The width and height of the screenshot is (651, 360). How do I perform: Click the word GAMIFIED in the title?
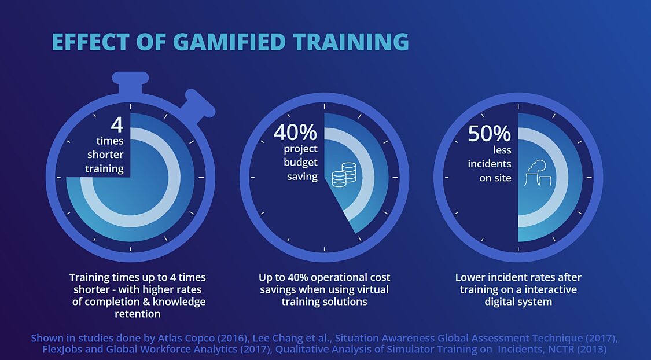(230, 42)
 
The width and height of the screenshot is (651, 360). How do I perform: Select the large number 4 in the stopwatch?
(117, 124)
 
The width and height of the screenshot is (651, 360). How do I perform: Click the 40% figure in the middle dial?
(295, 133)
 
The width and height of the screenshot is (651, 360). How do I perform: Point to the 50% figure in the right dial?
(490, 133)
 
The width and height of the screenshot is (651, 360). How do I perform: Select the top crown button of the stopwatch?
(130, 83)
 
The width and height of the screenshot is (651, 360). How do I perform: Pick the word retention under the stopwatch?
(137, 314)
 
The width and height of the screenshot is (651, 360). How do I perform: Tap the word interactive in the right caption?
(548, 289)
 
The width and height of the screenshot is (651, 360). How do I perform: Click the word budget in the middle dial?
(300, 163)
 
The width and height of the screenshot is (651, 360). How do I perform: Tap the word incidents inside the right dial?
(490, 164)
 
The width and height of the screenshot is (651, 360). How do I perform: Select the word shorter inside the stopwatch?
(105, 155)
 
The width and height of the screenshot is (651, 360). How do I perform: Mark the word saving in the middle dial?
(302, 177)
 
